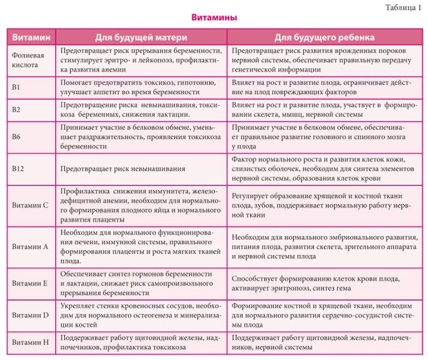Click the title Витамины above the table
[214, 18]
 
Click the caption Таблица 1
[403, 7]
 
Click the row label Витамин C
[30, 205]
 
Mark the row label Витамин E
[30, 283]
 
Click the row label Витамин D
[30, 314]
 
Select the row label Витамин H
[30, 343]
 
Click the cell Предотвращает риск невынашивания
[122, 169]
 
